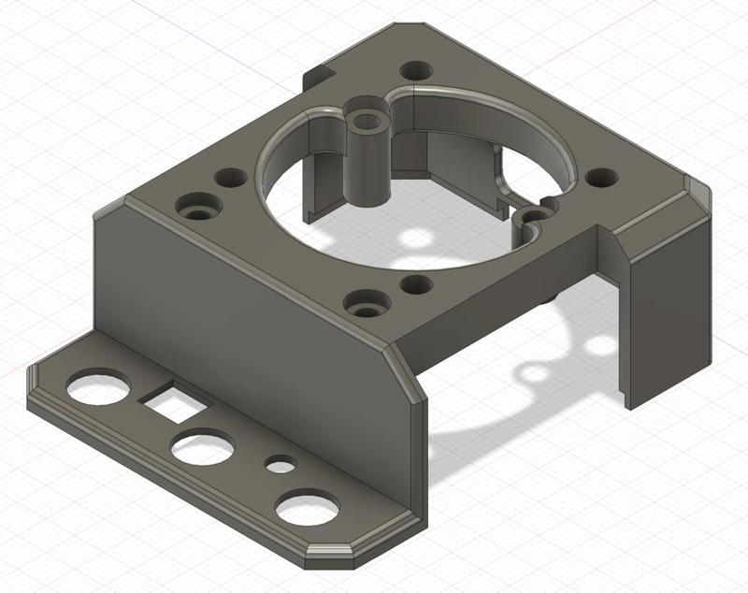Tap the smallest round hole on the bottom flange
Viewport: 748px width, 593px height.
(x=279, y=463)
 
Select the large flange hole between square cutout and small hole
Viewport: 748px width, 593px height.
(x=203, y=449)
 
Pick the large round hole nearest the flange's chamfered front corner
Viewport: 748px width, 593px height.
(x=306, y=508)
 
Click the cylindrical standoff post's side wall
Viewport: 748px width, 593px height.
(x=364, y=168)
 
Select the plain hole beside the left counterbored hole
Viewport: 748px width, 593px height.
(x=228, y=177)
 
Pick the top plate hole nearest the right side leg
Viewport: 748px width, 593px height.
(x=599, y=177)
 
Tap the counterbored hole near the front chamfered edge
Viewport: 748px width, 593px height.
(x=363, y=304)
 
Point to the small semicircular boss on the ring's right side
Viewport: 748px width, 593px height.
(x=531, y=218)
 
